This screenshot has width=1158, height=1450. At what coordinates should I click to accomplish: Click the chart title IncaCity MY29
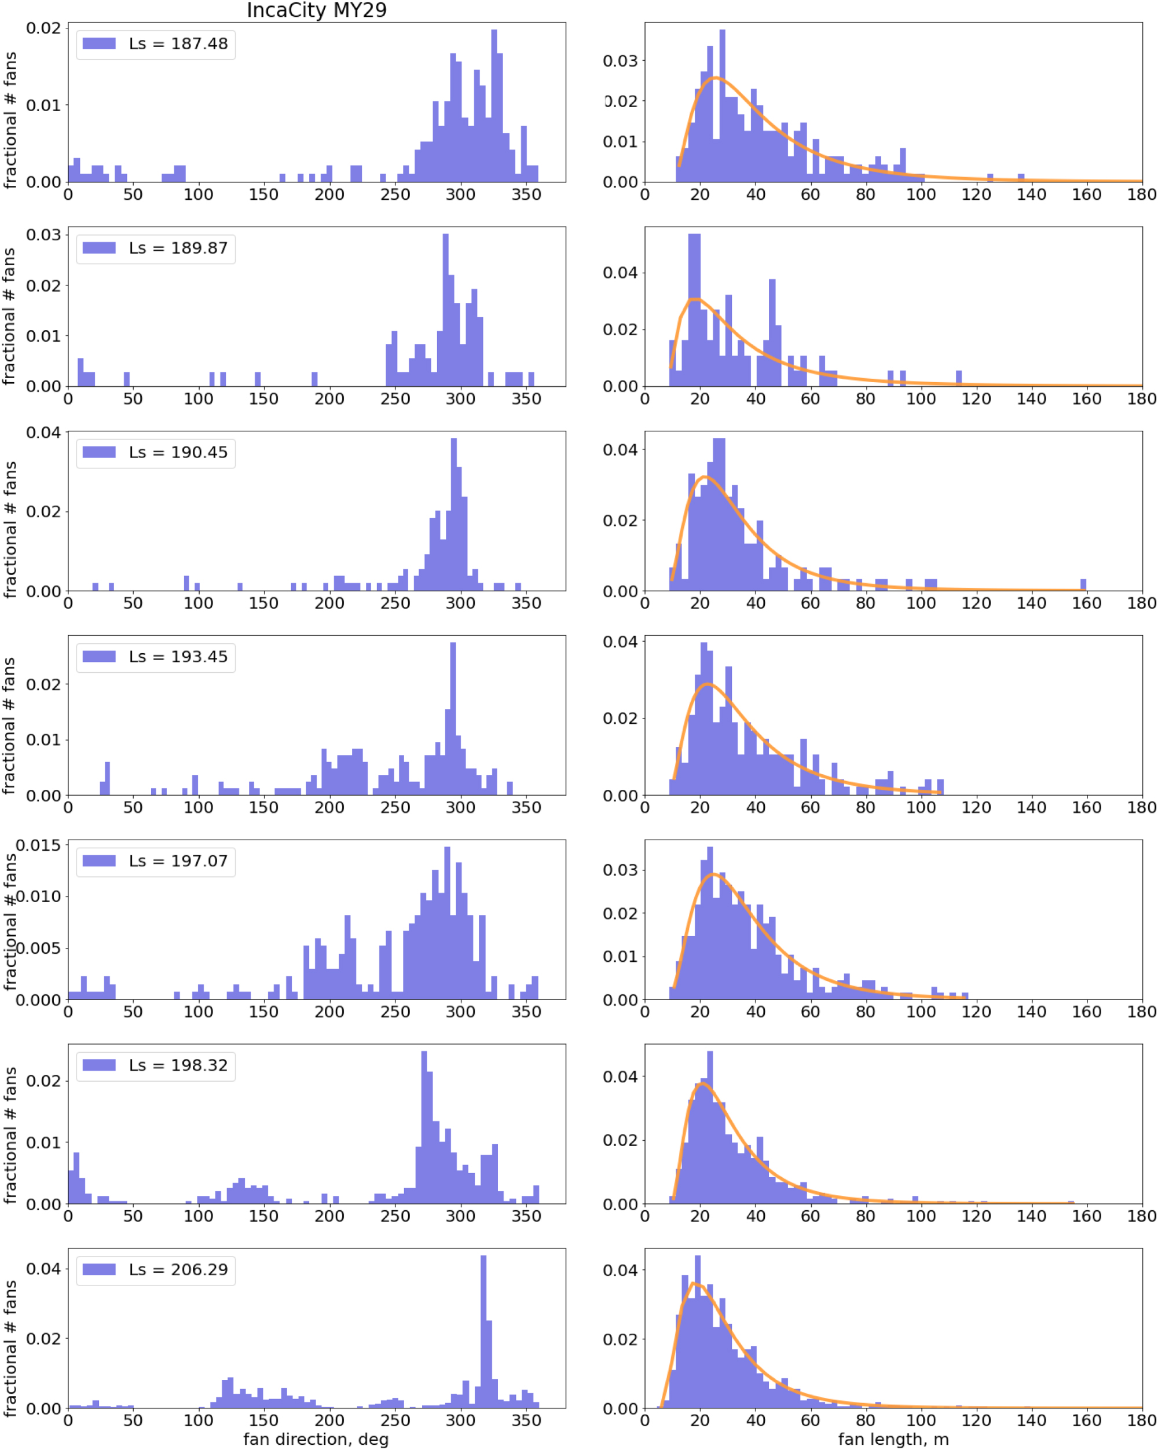coord(316,11)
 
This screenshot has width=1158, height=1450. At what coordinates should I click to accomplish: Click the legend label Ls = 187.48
coord(178,43)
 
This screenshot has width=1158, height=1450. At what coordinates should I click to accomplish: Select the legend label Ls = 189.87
coord(178,248)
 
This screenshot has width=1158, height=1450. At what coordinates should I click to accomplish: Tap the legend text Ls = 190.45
coord(178,453)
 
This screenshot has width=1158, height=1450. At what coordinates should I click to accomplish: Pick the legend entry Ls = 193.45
coord(178,657)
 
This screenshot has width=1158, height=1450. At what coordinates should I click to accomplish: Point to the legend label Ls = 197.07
coord(178,862)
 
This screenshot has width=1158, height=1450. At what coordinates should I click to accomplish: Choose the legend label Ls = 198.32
coord(178,1066)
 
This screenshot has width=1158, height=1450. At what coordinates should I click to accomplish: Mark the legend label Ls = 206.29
coord(178,1270)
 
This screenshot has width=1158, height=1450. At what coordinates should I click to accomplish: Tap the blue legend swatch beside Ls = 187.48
coord(99,43)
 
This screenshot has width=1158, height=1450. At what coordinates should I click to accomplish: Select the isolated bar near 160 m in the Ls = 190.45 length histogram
coord(1083,585)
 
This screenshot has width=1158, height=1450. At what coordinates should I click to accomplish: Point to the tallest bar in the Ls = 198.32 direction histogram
coord(424,1130)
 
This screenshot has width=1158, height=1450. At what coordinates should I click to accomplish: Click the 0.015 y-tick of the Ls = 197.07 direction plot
coord(38,845)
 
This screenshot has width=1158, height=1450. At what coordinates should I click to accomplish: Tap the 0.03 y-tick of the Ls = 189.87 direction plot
coord(43,235)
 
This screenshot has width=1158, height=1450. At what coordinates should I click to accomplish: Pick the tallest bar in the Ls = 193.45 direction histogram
coord(453,720)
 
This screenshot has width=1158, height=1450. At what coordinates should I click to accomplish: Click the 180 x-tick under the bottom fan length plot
coord(1141,1420)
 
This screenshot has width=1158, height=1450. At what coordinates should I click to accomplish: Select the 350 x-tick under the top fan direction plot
coord(526,195)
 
